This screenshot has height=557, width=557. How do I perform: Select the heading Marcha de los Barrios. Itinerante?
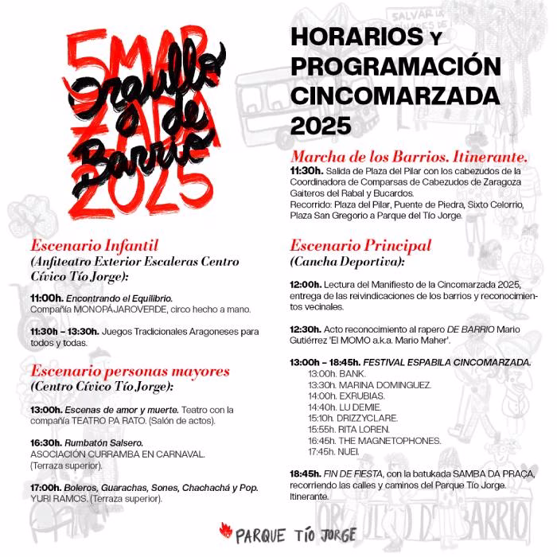[x=409, y=156]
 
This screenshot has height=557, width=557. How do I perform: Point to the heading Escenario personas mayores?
[x=130, y=371]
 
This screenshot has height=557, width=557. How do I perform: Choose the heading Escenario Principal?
[x=360, y=245]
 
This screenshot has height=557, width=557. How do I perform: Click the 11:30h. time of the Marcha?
[x=306, y=170]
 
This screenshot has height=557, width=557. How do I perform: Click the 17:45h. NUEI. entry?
[x=337, y=451]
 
